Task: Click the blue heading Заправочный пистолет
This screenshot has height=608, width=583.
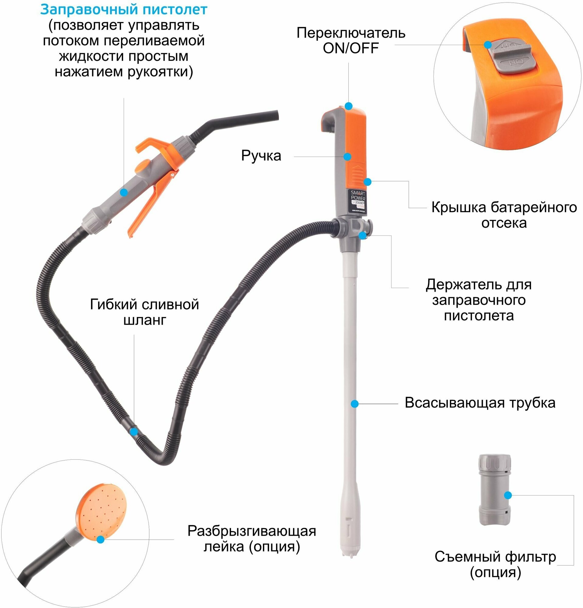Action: click(x=123, y=10)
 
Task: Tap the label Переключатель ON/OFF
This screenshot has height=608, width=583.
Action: click(x=351, y=41)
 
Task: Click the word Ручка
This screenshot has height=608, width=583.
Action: click(x=261, y=156)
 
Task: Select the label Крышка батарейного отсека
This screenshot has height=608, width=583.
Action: click(x=504, y=215)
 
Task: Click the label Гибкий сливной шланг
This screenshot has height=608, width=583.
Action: click(x=144, y=312)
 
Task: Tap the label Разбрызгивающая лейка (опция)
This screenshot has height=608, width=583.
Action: click(x=251, y=538)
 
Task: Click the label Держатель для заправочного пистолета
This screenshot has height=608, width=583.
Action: click(x=478, y=300)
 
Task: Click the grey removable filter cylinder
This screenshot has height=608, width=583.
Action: click(x=495, y=490)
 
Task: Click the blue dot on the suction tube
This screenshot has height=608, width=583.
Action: click(x=355, y=404)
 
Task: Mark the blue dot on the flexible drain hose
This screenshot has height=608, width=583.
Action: click(x=134, y=431)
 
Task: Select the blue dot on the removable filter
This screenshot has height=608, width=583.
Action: click(x=508, y=496)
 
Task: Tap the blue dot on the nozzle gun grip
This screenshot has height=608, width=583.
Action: click(x=124, y=192)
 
